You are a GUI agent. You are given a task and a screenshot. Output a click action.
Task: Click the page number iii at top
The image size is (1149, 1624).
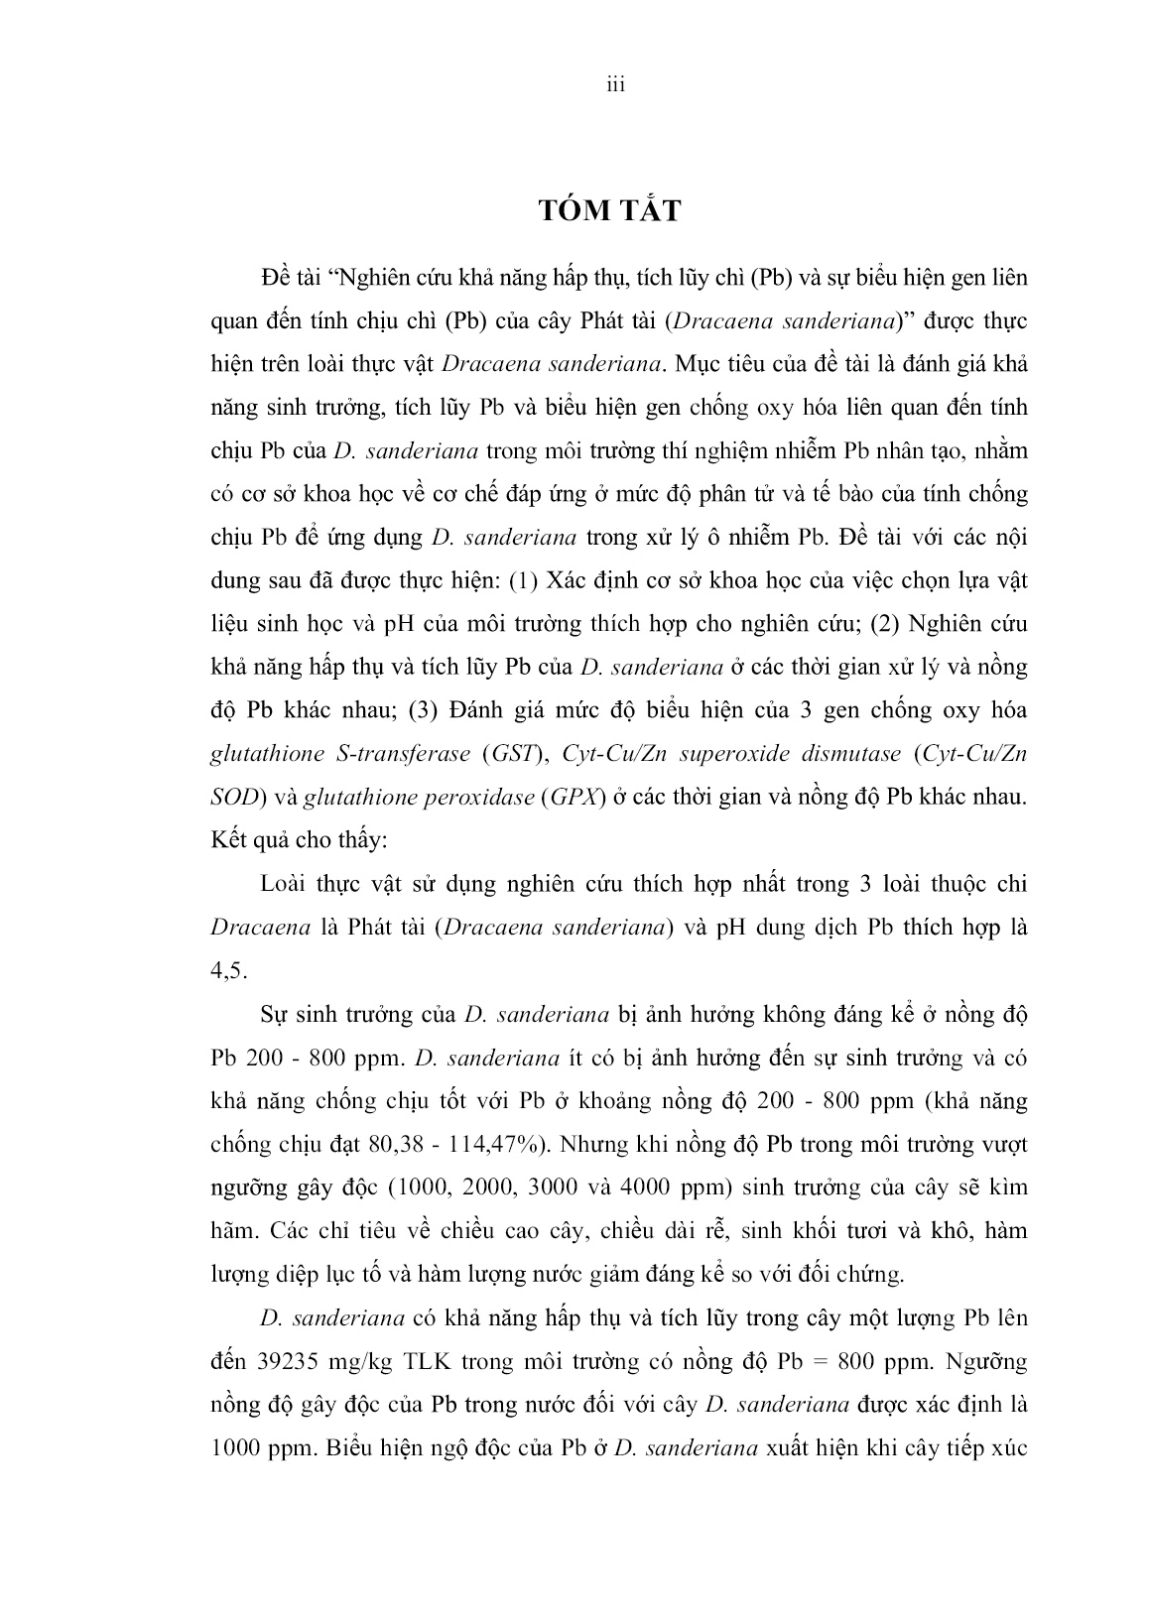pos(614,86)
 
